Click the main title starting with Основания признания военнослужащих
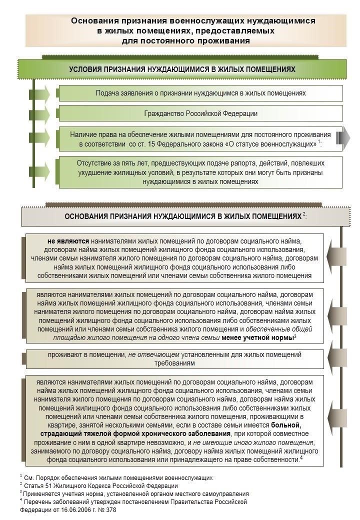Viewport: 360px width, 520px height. (185, 30)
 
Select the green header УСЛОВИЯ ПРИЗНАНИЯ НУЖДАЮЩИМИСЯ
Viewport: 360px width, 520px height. (182, 69)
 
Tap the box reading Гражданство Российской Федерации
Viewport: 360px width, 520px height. (200, 113)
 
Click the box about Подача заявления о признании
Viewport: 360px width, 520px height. (200, 93)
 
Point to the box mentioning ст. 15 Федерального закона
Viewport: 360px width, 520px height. (200, 139)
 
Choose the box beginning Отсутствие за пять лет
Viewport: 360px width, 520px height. (200, 173)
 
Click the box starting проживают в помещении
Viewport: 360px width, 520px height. (175, 359)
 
